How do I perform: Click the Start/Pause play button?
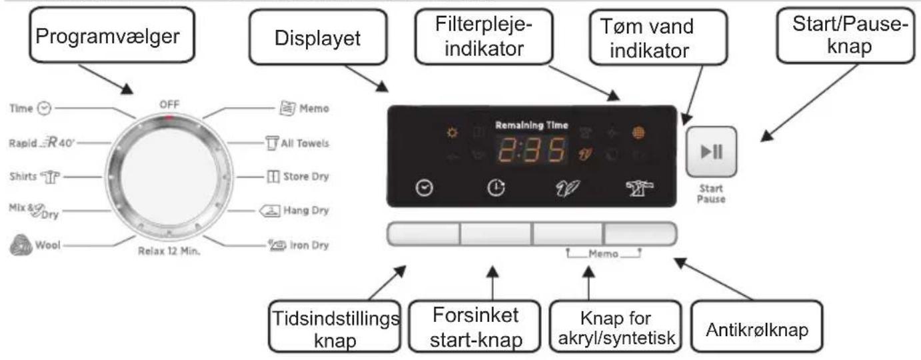[x=712, y=152]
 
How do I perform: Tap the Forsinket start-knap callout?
[x=474, y=327]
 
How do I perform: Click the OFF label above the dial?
[x=170, y=105]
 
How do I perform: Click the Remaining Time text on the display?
[x=530, y=125]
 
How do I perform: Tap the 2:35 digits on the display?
[x=530, y=151]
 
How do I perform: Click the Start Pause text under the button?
[x=712, y=193]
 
